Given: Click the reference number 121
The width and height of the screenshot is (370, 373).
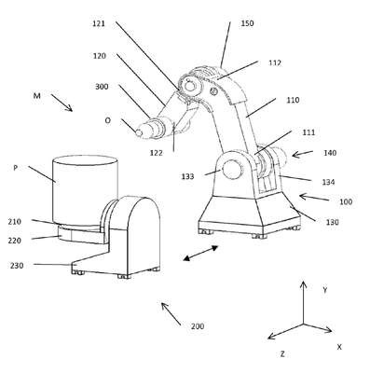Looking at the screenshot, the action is (x=99, y=23).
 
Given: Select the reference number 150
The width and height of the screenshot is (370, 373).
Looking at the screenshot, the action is (x=247, y=23).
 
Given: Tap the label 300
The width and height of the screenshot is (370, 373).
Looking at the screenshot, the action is (x=102, y=87).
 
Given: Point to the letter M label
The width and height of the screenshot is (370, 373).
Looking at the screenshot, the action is (x=37, y=96).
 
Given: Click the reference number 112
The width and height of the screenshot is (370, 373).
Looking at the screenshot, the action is (x=275, y=63).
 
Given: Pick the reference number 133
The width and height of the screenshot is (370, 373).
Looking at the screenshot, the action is (x=188, y=177).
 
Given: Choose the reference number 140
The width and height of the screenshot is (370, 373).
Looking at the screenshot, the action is (x=330, y=153).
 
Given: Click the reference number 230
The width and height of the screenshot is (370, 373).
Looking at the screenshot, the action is (x=17, y=266).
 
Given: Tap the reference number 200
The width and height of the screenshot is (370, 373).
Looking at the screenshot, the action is (x=198, y=326).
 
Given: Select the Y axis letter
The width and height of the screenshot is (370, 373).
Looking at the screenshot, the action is (x=325, y=290).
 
